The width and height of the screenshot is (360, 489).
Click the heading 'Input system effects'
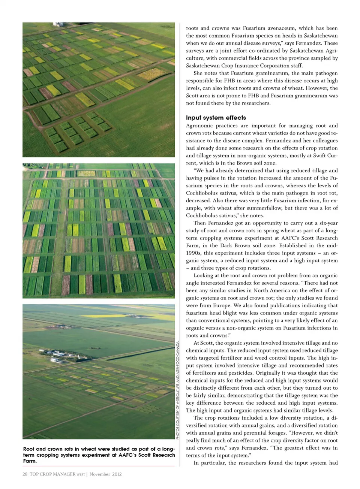(216, 118)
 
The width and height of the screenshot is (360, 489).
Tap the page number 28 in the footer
(25, 474)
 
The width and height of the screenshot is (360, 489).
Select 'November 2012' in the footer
(106, 474)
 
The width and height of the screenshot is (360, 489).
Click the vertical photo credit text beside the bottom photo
(178, 390)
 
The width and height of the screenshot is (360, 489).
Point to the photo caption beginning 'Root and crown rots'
(99, 455)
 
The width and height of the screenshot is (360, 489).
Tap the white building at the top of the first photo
(57, 25)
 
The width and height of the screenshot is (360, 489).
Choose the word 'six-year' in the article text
(327, 223)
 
